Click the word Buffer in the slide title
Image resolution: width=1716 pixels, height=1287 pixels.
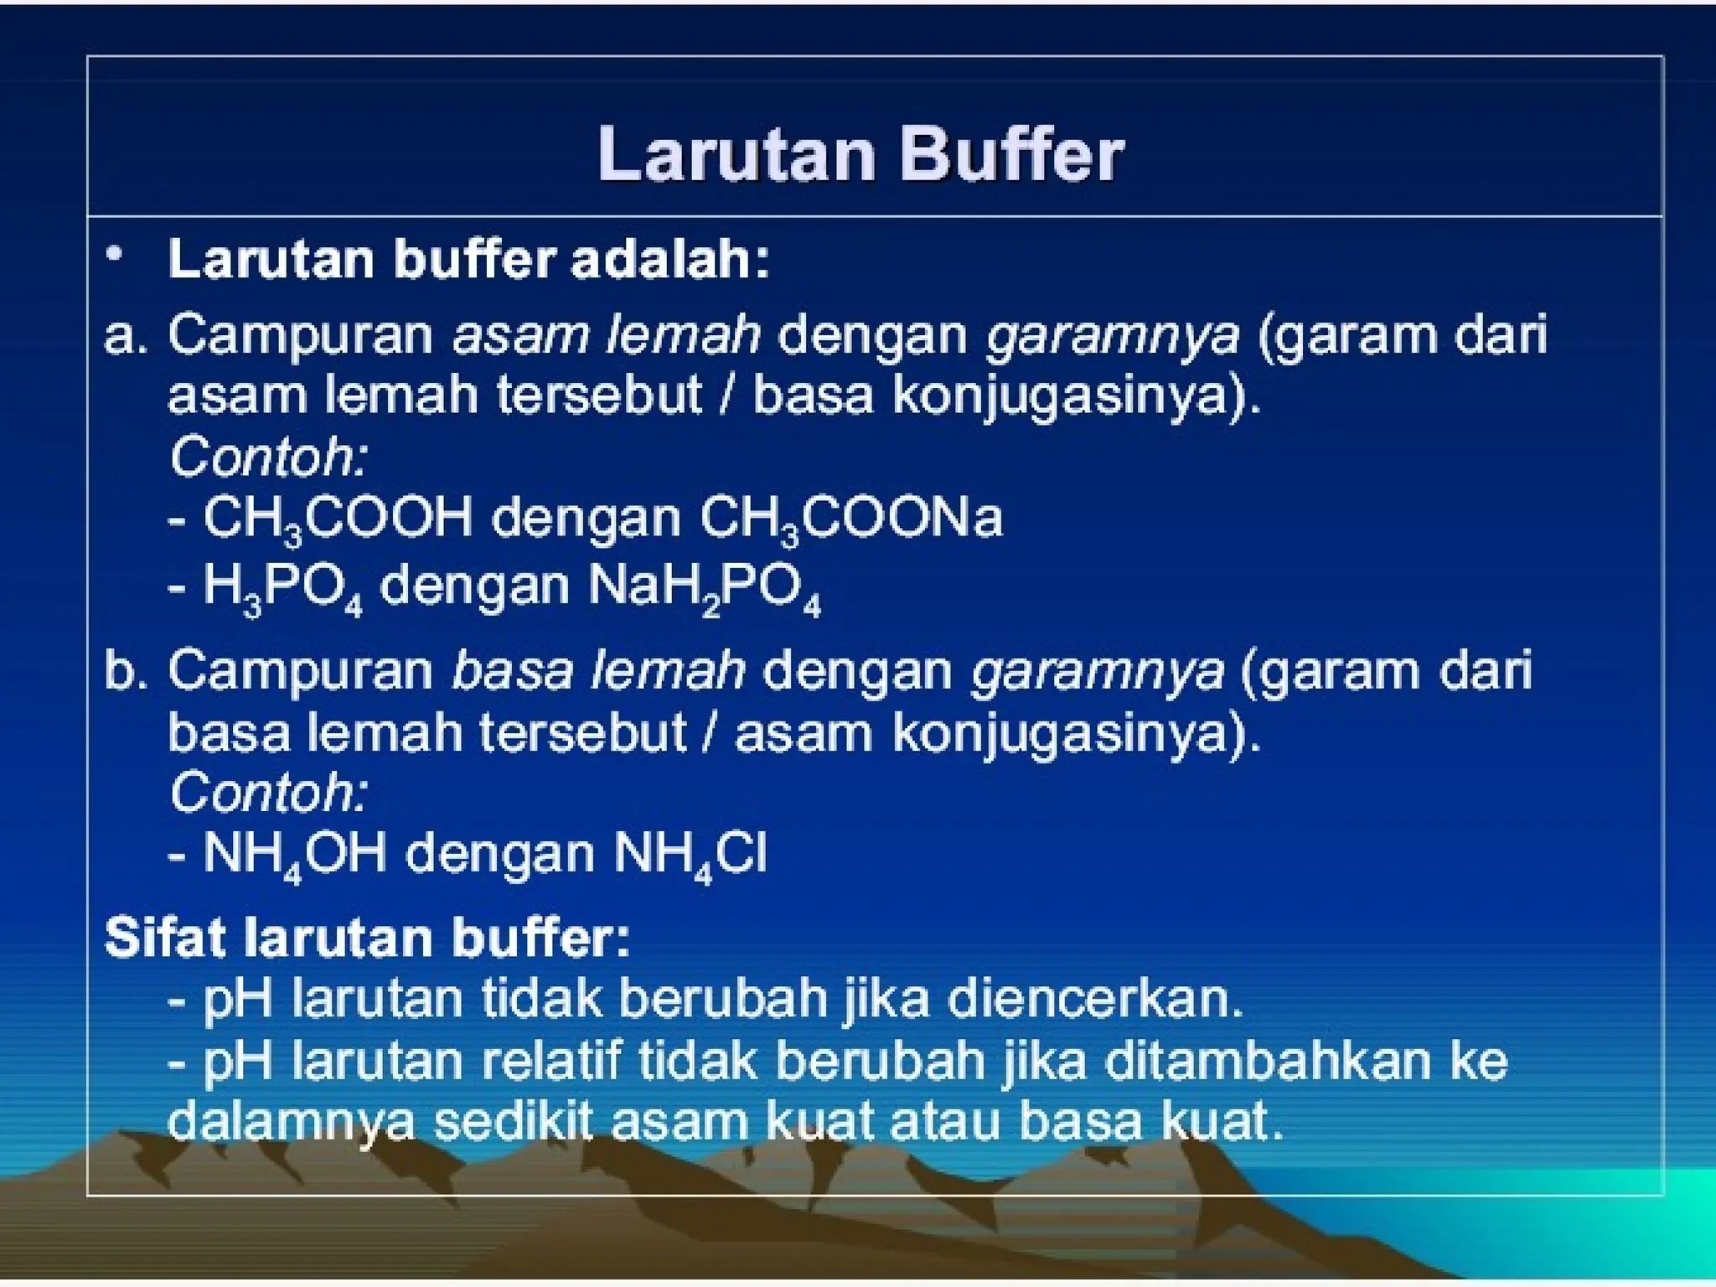pyautogui.click(x=1010, y=155)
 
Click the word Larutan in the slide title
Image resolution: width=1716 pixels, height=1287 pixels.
pyautogui.click(x=736, y=155)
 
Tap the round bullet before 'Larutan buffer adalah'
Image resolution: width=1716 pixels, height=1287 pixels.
pyautogui.click(x=115, y=253)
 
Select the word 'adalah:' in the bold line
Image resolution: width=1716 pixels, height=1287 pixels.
pyautogui.click(x=669, y=259)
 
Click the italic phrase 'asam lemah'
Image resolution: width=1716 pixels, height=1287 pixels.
pyautogui.click(x=606, y=334)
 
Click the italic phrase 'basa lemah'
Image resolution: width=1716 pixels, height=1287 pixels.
pyautogui.click(x=597, y=671)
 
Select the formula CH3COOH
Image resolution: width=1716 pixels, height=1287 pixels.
pyautogui.click(x=338, y=519)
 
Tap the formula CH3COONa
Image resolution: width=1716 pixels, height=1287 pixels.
pyautogui.click(x=850, y=519)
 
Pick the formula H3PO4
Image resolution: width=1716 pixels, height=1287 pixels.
pyautogui.click(x=282, y=587)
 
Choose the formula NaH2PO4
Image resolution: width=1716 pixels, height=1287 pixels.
pyautogui.click(x=704, y=587)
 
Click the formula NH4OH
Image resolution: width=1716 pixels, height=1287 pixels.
pyautogui.click(x=294, y=855)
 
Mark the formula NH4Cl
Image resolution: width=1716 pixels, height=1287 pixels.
pyautogui.click(x=690, y=855)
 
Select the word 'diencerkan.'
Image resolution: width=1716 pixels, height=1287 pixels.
pyautogui.click(x=1094, y=999)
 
